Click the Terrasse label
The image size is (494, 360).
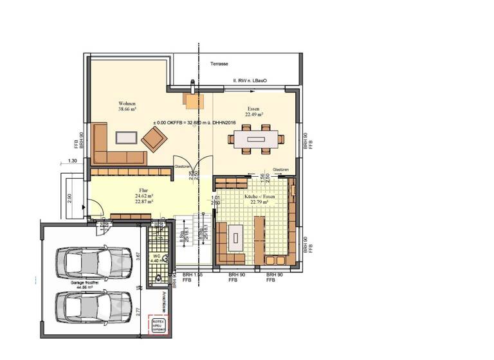point(220,66)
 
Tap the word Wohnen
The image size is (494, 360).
point(127,104)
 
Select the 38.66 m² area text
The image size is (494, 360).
point(127,110)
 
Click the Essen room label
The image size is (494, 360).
point(253,109)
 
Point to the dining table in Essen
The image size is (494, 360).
point(255,138)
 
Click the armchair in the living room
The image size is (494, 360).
point(154,138)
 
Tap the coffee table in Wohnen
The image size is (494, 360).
point(125,137)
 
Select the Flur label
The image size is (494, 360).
point(143,191)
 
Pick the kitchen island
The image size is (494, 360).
point(236,238)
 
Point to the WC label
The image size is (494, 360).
point(156,255)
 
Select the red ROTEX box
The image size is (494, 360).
point(158,325)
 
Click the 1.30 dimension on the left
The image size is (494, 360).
point(73,161)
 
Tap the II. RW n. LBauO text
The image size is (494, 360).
point(250,82)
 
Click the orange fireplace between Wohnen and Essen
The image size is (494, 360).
point(193,100)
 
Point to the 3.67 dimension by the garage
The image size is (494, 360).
point(138,255)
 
